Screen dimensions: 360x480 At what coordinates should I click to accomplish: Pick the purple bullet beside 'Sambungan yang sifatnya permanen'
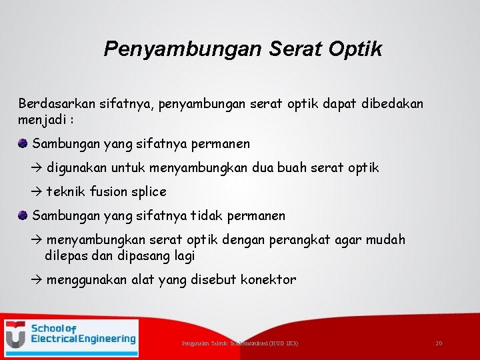coord(23,143)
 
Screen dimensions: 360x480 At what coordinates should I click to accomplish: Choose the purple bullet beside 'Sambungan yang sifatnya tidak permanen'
coord(23,215)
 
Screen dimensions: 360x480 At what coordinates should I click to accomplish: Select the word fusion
coord(107,192)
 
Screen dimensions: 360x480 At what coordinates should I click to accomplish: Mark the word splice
coord(149,192)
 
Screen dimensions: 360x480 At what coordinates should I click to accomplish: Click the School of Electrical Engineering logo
coord(71,338)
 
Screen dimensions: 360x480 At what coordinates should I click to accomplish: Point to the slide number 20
coord(439,343)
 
